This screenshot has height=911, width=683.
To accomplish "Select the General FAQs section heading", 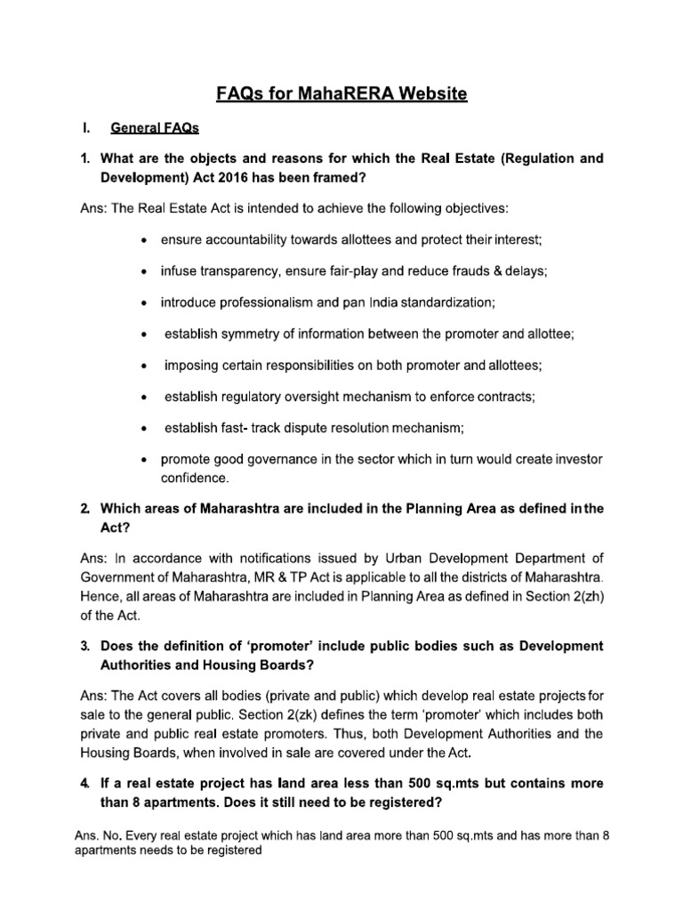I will click(x=155, y=128).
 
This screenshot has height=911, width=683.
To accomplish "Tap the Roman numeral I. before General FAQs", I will click(x=86, y=128).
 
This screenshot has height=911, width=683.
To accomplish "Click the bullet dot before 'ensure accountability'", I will click(x=145, y=240).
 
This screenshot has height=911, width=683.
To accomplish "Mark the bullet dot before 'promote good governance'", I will click(x=145, y=459).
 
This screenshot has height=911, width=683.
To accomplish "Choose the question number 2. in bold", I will click(x=85, y=509).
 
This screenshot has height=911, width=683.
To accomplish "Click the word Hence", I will click(x=100, y=597).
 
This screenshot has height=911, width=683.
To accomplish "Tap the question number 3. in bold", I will click(x=85, y=645).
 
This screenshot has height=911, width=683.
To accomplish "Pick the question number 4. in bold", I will click(x=85, y=783).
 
